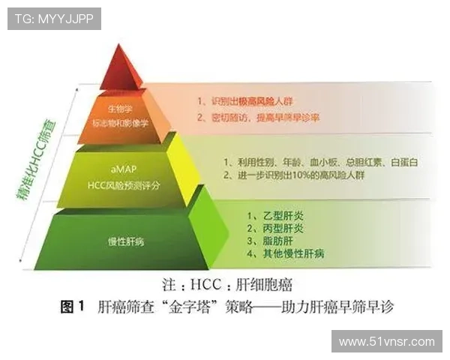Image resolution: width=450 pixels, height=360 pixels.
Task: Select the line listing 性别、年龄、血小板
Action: (310, 162)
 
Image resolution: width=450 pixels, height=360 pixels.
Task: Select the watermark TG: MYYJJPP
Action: (53, 18)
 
